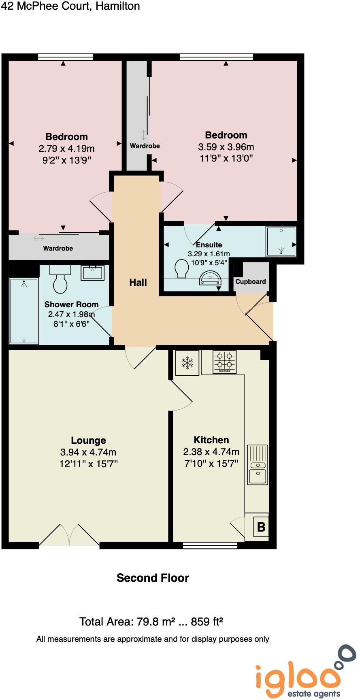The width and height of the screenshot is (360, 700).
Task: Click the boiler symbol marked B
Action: (x=261, y=527)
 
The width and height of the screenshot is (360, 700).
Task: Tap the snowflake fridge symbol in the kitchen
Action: (x=187, y=362)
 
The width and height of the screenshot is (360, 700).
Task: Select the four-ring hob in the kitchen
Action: (x=225, y=362)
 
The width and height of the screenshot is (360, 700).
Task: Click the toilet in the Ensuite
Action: (x=182, y=269)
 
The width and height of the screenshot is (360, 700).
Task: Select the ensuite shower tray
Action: (x=281, y=241)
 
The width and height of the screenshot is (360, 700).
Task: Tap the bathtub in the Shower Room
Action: (x=24, y=311)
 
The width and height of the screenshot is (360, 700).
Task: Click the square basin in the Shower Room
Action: (x=93, y=272)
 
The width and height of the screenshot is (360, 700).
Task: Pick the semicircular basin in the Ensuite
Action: (x=210, y=279)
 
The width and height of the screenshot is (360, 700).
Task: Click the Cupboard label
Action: (x=251, y=282)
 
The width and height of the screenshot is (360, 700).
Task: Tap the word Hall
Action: (x=138, y=283)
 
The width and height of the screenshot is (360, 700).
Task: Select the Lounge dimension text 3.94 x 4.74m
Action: (x=88, y=452)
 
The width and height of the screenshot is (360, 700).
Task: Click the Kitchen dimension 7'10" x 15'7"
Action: (x=211, y=464)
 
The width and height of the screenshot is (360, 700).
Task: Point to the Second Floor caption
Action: (x=153, y=578)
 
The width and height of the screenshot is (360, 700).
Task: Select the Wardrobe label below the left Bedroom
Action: (x=58, y=248)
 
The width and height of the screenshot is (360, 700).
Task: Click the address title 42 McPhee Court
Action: (x=70, y=6)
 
